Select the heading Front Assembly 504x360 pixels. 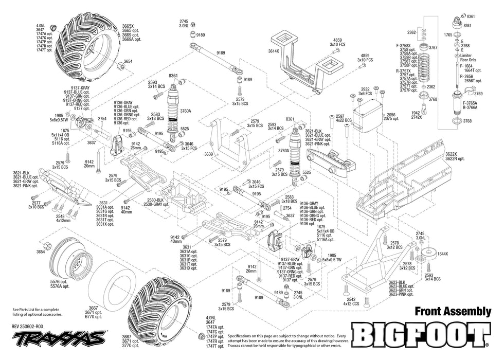pyautogui.click(x=453, y=311)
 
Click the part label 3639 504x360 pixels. pyautogui.click(x=208, y=154)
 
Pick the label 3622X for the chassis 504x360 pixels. pyautogui.click(x=452, y=154)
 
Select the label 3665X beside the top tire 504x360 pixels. pyautogui.click(x=128, y=26)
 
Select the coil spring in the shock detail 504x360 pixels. pyautogui.click(x=425, y=70)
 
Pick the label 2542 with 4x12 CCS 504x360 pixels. pyautogui.click(x=351, y=299)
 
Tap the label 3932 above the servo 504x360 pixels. pyautogui.click(x=365, y=89)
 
